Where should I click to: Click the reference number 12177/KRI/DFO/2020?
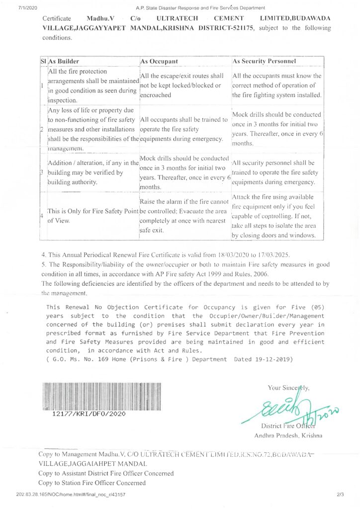pos(89,414)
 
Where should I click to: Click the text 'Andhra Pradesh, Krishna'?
pos(288,436)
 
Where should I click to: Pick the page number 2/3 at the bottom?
pos(340,495)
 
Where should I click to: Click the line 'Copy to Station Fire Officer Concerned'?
pos(92,483)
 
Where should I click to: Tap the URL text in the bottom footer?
pos(71,495)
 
